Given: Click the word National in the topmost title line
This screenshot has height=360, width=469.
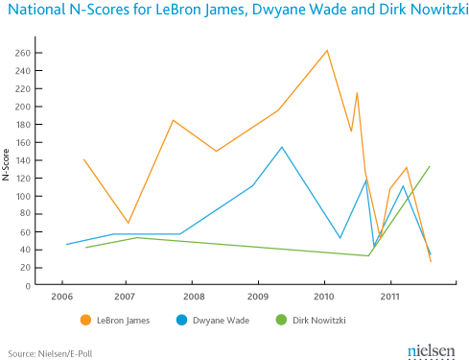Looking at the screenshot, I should (35, 11).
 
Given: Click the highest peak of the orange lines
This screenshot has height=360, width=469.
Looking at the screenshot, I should (328, 49).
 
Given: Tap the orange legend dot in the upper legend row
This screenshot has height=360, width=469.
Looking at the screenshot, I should (85, 321).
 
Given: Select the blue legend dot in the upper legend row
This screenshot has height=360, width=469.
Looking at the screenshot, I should (182, 321).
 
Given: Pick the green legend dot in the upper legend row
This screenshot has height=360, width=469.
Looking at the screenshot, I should (281, 321).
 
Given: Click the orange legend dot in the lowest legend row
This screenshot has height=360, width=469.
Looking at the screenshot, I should (85, 352).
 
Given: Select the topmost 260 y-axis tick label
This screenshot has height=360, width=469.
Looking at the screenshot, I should (22, 53).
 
